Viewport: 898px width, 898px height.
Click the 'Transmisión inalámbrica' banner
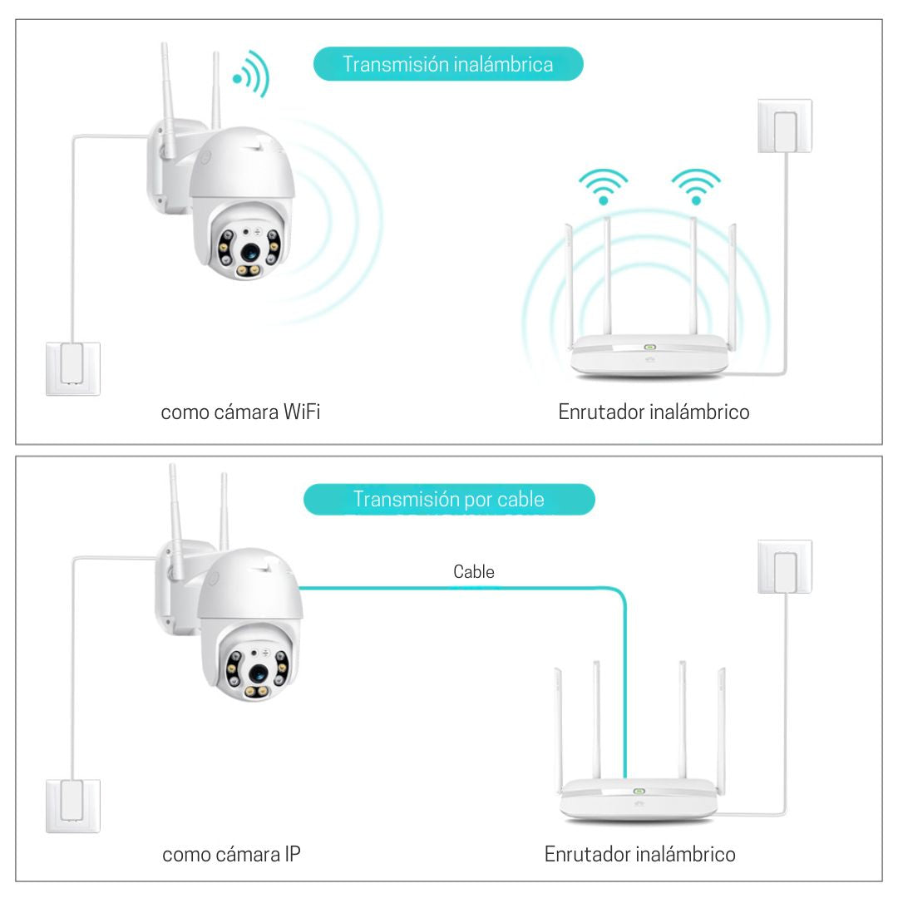pos(448,64)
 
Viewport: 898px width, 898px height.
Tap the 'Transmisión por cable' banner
pos(449,499)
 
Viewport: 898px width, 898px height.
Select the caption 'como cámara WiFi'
pos(240,412)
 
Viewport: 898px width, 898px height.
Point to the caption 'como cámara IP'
pos(231,854)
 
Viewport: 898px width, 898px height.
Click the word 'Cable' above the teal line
pos(474,571)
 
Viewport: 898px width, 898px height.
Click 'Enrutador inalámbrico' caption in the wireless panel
pos(654,412)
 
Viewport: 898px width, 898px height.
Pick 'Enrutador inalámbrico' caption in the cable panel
pos(640,854)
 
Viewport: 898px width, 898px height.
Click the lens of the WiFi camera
pos(250,251)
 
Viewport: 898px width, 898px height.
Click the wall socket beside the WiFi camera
pos(72,368)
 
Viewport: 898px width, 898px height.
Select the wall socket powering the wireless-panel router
pos(784,126)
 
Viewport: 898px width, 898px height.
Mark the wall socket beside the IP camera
pos(72,805)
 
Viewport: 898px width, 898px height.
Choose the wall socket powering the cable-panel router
pos(784,566)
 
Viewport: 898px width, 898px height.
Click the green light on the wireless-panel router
pos(649,348)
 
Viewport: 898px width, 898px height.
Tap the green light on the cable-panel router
pos(639,792)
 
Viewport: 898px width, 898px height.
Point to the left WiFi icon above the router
pos(604,186)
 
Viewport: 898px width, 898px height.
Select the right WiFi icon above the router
pos(695,186)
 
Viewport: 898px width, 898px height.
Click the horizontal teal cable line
pos(457,588)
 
